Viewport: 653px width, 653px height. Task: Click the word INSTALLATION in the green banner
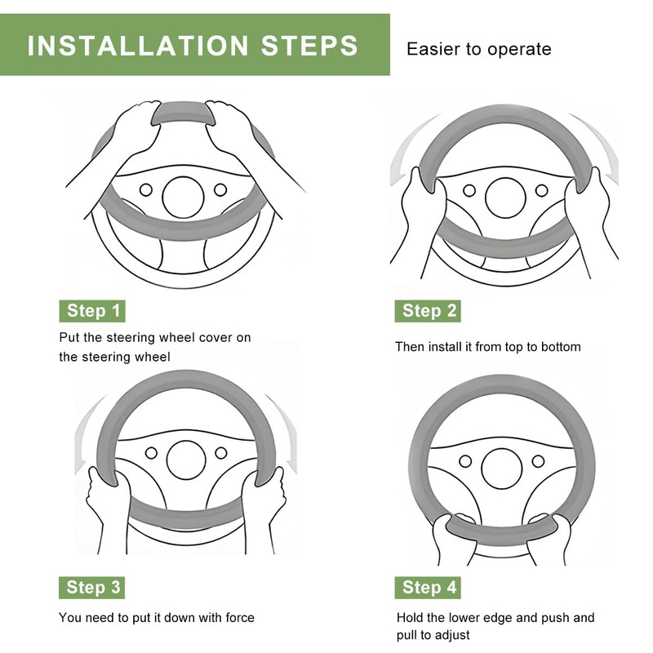(138, 46)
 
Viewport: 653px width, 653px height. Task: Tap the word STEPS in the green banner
(309, 46)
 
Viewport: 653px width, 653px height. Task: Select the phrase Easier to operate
(479, 49)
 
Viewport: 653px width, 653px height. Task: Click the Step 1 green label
(92, 311)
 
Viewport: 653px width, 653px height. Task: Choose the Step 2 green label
(428, 311)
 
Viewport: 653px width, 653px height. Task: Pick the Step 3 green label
(91, 587)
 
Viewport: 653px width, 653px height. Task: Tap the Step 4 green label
(428, 587)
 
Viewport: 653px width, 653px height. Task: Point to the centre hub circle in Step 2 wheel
(505, 198)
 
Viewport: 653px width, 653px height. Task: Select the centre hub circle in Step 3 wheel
(186, 460)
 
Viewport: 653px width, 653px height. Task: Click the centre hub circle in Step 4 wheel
(502, 469)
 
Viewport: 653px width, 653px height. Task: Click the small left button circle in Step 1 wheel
(146, 190)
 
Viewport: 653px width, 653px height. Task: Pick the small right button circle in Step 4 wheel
(538, 461)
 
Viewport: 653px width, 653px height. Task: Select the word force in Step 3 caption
(240, 617)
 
